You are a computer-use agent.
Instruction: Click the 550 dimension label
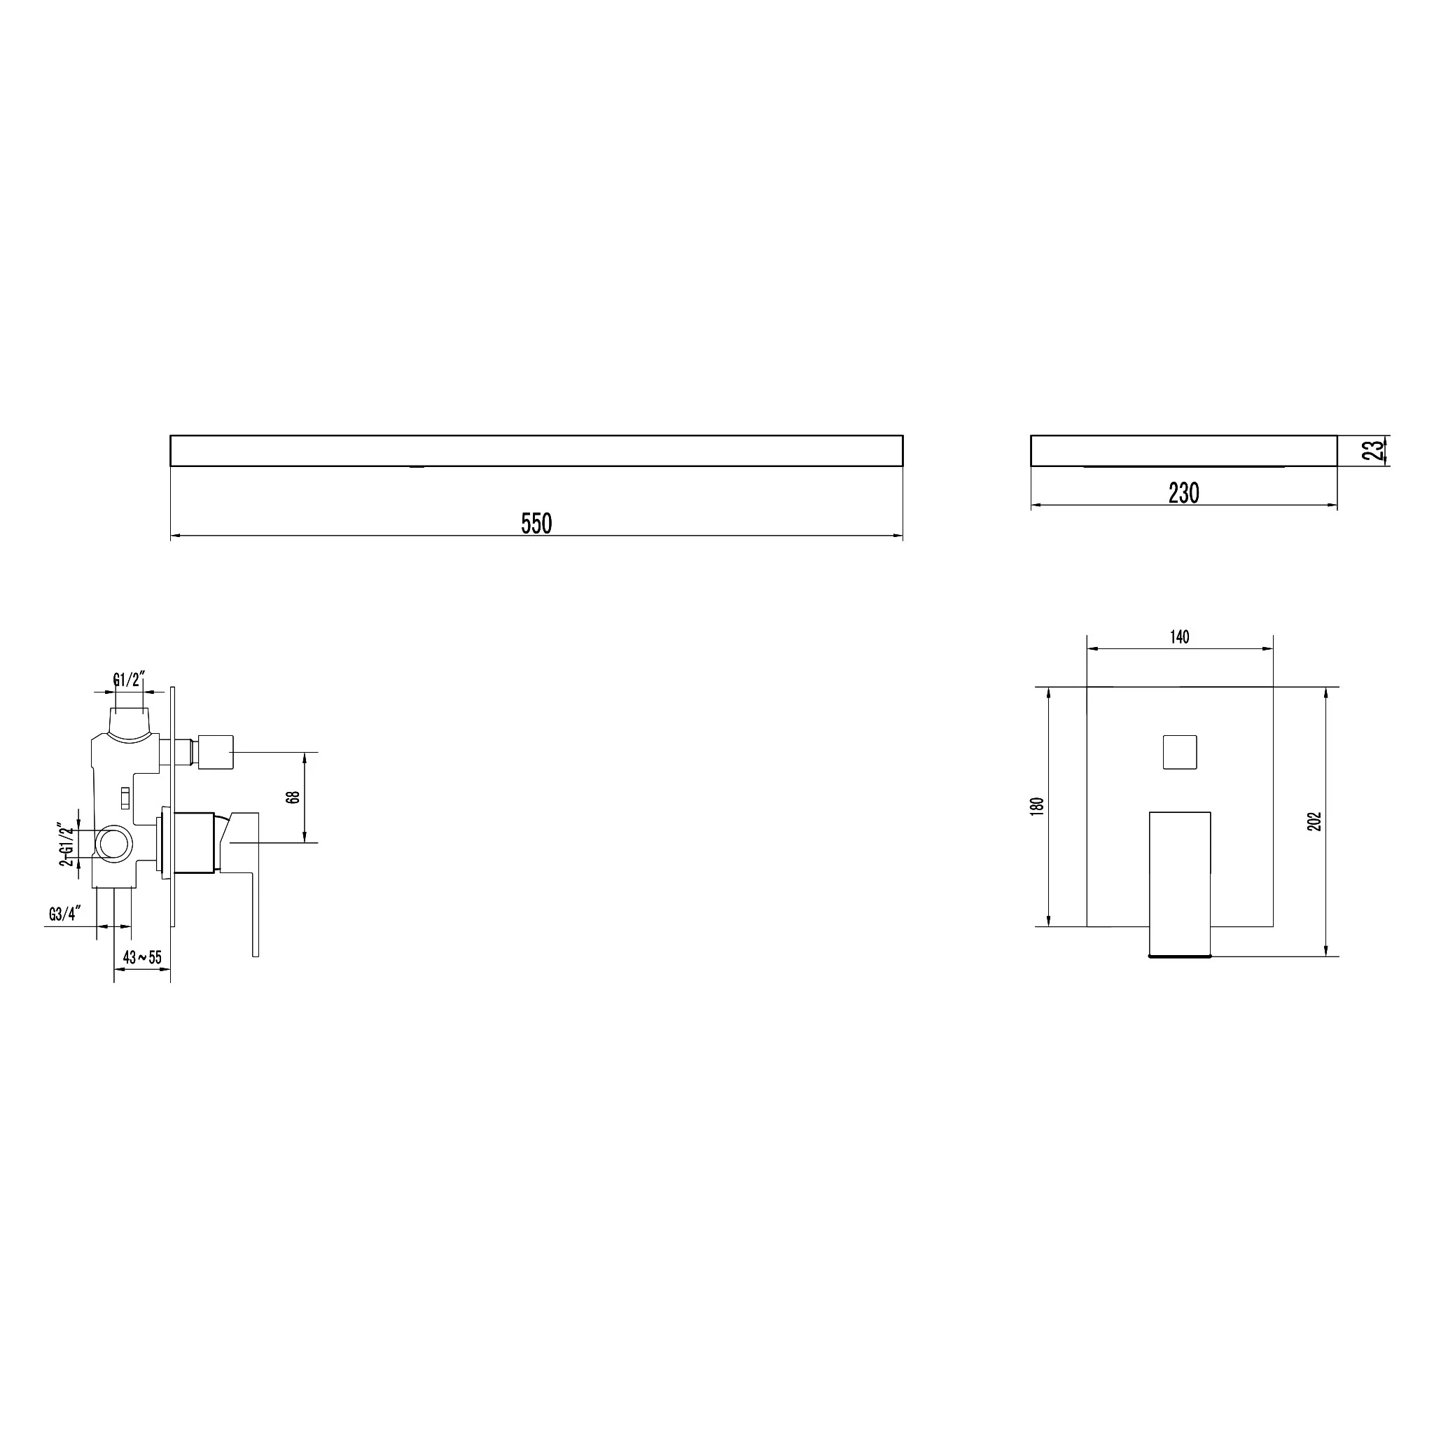(536, 524)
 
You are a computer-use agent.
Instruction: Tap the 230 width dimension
(1184, 493)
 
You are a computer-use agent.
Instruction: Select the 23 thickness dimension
(1374, 450)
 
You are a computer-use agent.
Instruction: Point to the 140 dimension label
(1179, 637)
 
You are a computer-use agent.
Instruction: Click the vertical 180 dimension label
(1038, 806)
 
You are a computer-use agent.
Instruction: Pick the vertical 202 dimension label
(1314, 821)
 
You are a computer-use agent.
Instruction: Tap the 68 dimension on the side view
(293, 797)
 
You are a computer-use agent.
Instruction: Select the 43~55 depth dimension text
(141, 956)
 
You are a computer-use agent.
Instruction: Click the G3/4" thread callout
(64, 914)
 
